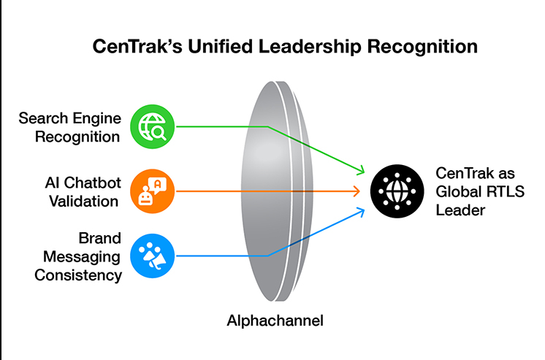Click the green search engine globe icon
pos(153,126)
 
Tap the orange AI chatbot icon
pos(153,191)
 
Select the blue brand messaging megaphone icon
pos(153,256)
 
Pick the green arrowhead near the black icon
pos(360,172)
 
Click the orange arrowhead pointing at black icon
pos(357,191)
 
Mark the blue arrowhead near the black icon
pos(360,210)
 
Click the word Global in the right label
pos(457,192)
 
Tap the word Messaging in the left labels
pos(81,257)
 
